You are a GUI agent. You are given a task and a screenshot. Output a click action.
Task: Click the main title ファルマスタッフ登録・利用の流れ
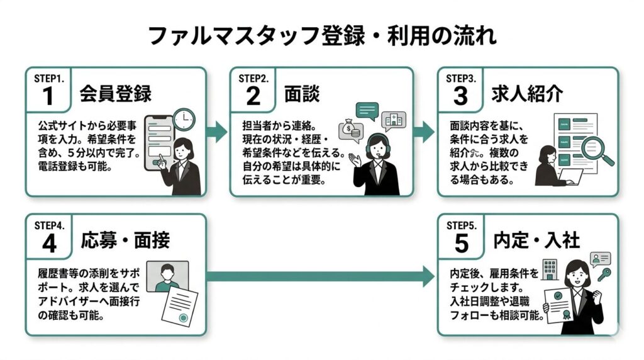tap(321, 35)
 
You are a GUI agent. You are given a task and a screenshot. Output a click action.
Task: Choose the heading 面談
tap(302, 94)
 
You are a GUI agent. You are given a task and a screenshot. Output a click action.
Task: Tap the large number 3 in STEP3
tap(460, 96)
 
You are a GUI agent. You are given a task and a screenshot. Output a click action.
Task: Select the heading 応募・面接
tap(125, 240)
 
